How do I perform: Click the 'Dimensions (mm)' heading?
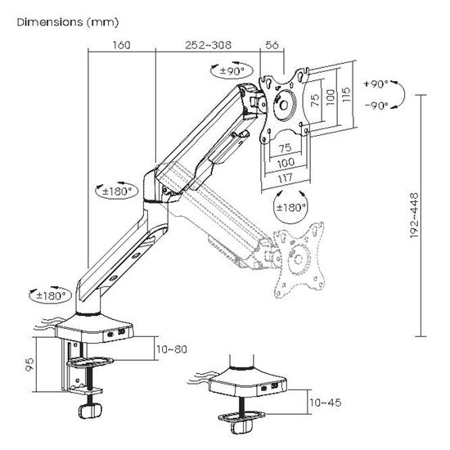pyautogui.click(x=68, y=22)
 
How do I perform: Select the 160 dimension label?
pyautogui.click(x=121, y=45)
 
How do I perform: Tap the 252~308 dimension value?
pyautogui.click(x=208, y=45)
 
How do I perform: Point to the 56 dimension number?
pyautogui.click(x=272, y=45)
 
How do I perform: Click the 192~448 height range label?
pyautogui.click(x=414, y=215)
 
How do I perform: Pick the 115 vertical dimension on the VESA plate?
pyautogui.click(x=346, y=94)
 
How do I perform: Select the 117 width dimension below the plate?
pyautogui.click(x=286, y=178)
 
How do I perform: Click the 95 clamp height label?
pyautogui.click(x=29, y=364)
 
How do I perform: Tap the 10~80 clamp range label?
pyautogui.click(x=172, y=349)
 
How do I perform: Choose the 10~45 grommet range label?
pyautogui.click(x=326, y=403)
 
